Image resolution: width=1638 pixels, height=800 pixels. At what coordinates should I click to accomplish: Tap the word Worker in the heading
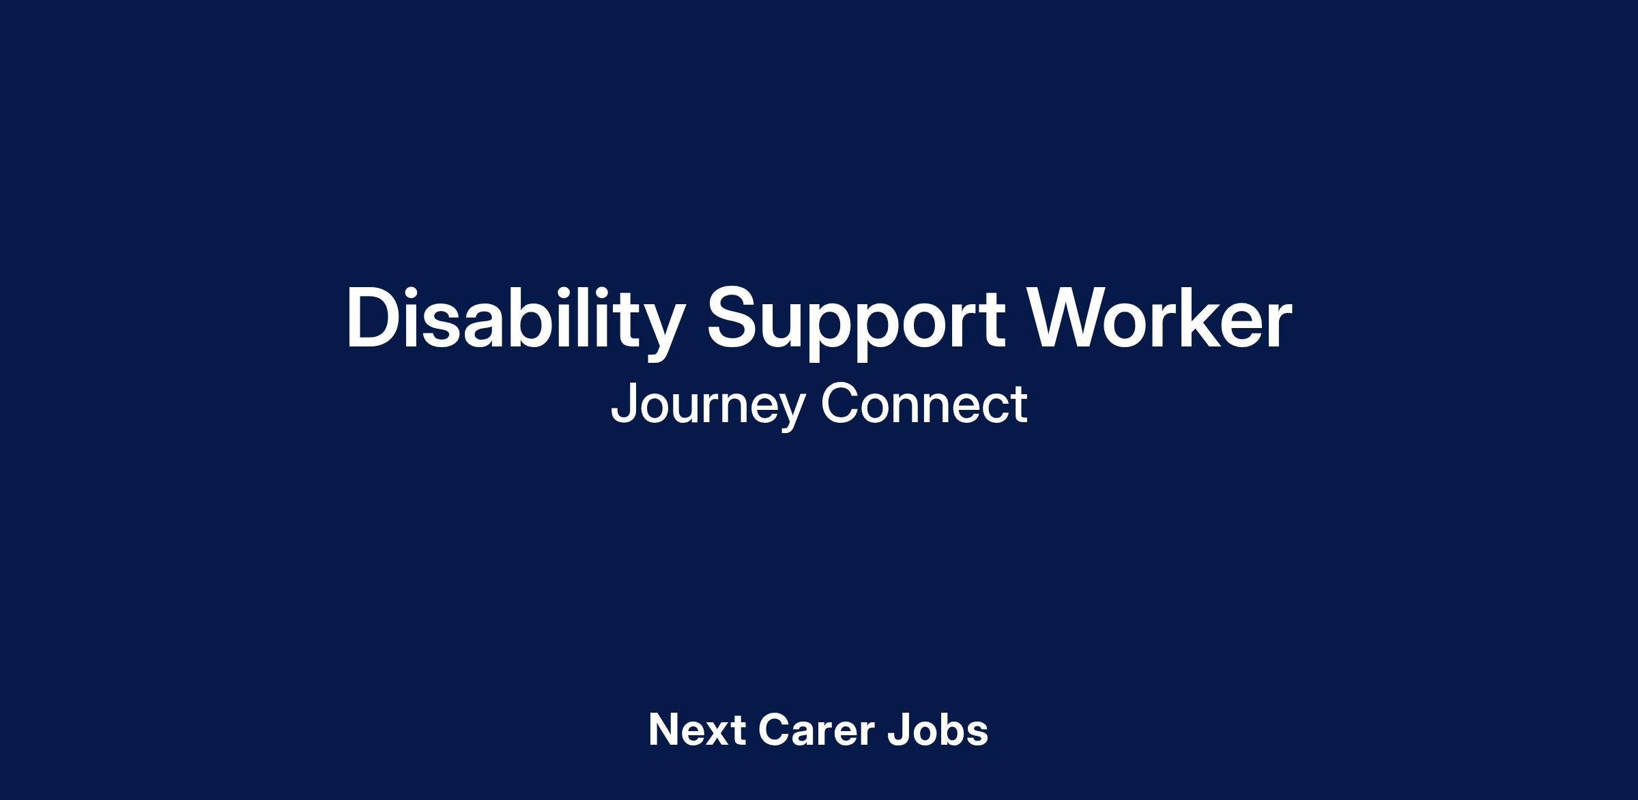coord(1160,317)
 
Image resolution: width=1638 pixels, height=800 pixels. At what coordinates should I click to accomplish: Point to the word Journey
coord(708,405)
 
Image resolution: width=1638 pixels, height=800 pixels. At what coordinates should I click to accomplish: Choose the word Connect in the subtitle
coord(924,403)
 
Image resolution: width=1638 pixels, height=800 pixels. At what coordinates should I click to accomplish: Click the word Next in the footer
coord(697,730)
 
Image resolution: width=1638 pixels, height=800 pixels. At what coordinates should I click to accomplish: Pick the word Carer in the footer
coord(816,730)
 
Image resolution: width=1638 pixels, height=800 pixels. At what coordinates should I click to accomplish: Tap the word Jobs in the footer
coord(938,730)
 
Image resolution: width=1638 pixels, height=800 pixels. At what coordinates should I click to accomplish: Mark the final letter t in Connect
coord(1020,406)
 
